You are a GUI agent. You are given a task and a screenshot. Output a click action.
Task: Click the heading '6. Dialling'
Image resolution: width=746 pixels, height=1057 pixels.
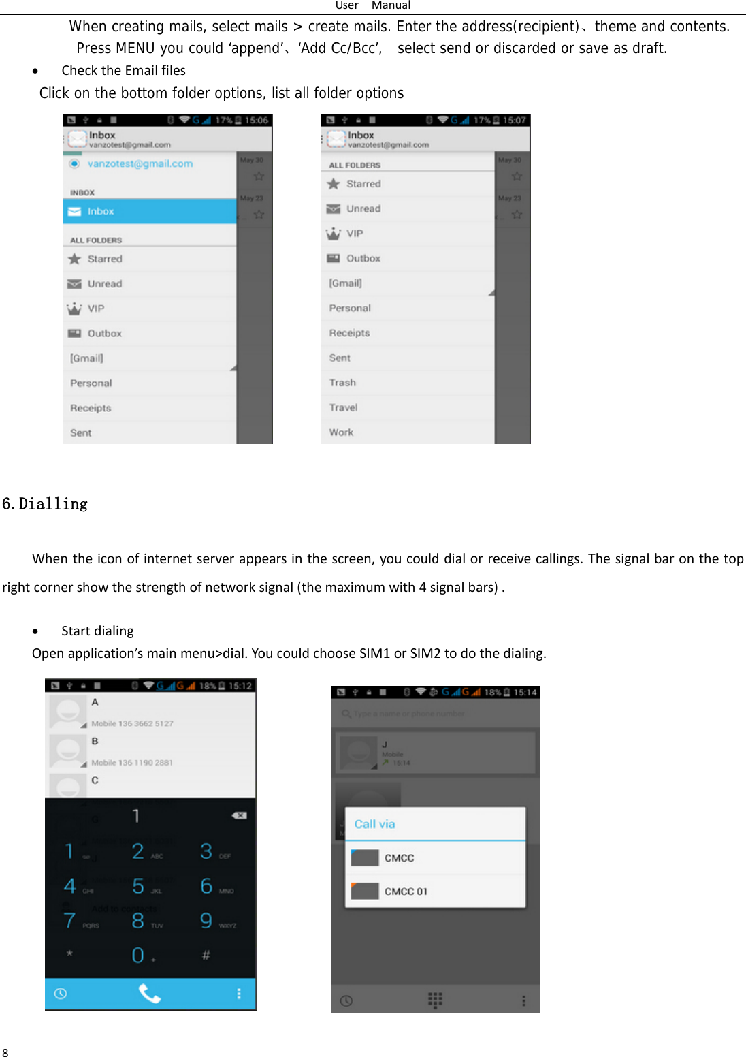coord(45,504)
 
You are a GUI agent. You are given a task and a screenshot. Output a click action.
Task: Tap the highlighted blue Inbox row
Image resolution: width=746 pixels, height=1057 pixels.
coord(150,211)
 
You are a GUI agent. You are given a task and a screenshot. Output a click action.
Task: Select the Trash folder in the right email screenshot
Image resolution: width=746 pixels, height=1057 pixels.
coord(342,383)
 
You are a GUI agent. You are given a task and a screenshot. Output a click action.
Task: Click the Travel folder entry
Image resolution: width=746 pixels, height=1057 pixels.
coord(343,407)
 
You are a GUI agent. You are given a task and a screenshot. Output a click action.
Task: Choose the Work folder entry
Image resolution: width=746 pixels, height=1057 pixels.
coord(341,432)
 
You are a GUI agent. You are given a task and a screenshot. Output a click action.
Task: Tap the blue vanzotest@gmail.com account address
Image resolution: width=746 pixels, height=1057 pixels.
coord(140,163)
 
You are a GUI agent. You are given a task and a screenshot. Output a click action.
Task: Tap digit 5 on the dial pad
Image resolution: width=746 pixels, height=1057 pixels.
coord(139,885)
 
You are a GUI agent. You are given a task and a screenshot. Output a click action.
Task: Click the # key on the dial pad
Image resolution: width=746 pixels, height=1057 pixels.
coord(206,955)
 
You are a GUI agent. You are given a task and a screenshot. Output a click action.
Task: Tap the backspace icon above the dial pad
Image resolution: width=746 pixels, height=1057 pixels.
coord(239,815)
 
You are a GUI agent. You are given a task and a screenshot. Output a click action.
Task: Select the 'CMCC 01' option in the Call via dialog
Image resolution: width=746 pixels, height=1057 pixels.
coord(406,891)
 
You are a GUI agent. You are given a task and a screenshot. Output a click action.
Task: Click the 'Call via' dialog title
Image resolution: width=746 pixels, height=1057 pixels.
coord(374,824)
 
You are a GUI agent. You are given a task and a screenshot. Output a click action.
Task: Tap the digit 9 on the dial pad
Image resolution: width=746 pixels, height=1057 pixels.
coord(206,921)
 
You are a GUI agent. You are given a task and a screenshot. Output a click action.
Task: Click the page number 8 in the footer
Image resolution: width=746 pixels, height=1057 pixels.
coord(5,1052)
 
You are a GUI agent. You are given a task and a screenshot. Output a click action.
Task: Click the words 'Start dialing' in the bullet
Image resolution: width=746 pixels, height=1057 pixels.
coord(97,631)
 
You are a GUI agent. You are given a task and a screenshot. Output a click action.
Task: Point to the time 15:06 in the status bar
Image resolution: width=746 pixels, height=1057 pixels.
coord(257,121)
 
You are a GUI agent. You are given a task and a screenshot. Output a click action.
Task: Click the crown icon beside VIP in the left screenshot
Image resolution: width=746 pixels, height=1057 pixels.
coord(74,309)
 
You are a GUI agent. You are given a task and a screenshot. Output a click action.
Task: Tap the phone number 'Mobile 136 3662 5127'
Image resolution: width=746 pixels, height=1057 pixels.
coord(132,723)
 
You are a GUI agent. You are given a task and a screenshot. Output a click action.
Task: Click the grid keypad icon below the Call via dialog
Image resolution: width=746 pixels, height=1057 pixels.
coord(435,1000)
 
